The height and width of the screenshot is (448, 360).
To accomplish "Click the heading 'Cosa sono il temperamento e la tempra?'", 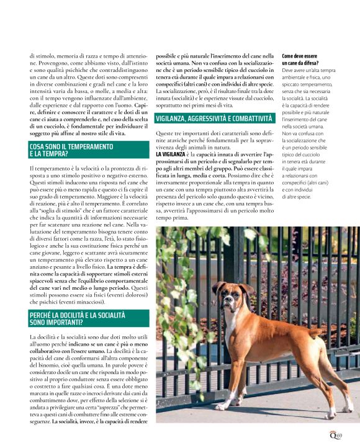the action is point(71,150).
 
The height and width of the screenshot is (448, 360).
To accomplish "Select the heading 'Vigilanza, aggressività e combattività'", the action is point(214,118).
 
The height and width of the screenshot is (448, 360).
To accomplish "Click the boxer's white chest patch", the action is point(243,338).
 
